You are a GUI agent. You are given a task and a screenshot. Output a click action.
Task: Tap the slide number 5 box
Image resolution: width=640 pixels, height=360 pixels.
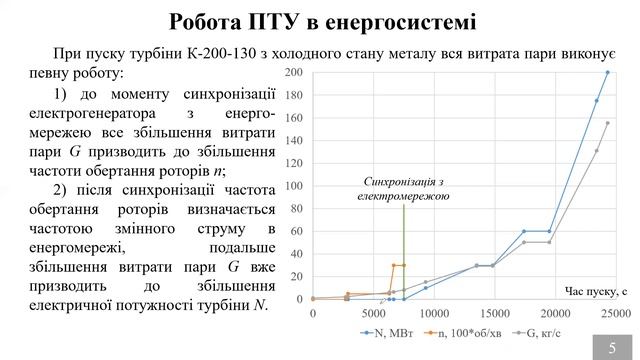pyautogui.click(x=612, y=346)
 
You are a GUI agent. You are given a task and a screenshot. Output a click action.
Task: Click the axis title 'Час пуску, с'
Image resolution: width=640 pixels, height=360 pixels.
pyautogui.click(x=597, y=290)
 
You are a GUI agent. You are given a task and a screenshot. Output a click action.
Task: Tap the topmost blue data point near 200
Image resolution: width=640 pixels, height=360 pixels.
pyautogui.click(x=608, y=73)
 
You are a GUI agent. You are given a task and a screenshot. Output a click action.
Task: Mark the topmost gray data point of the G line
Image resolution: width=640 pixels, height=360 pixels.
pyautogui.click(x=608, y=124)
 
